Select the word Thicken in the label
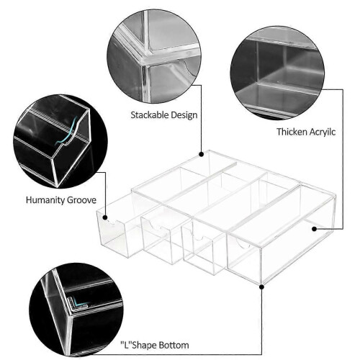coord(291,132)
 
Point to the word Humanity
coord(45,200)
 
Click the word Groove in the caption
coord(81,200)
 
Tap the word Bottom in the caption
coord(174,346)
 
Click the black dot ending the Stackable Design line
coord(202,154)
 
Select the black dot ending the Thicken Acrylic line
coord(315,229)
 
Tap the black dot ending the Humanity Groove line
coord(105,217)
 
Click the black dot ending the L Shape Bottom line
coord(262,287)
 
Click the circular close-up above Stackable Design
coord(154,57)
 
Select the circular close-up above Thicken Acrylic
coord(277,73)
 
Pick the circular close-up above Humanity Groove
coord(60,141)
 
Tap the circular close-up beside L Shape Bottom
coord(76,310)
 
